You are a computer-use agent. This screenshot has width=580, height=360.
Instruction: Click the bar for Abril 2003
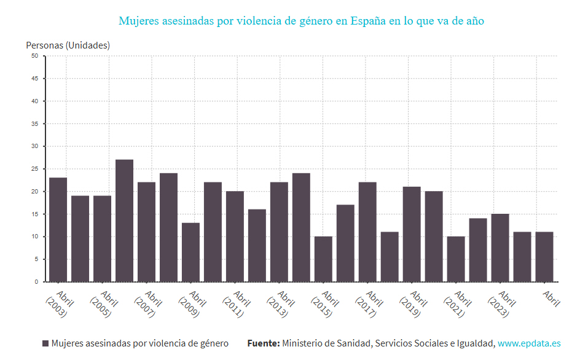[x=58, y=230]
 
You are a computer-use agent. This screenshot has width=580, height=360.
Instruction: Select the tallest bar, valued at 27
[x=125, y=221]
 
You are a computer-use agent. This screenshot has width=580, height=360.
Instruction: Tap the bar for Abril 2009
[x=191, y=252]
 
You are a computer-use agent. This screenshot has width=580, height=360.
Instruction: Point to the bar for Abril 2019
[x=412, y=234]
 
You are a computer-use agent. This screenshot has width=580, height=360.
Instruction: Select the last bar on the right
[x=544, y=257]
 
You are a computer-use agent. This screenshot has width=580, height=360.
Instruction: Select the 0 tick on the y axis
[x=36, y=282]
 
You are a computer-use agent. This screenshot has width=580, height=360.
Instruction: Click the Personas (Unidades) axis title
[x=68, y=45]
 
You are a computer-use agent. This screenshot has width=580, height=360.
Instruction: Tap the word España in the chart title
[x=367, y=21]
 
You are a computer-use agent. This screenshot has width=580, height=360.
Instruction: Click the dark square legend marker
[x=45, y=343]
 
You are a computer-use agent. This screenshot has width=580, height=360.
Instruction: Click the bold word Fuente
[x=264, y=343]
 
